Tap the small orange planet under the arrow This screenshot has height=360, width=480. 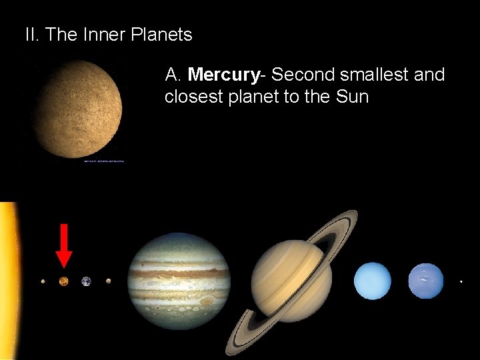[x=64, y=281]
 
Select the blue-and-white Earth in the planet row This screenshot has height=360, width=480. [x=86, y=281]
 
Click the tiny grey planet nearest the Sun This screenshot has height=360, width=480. [x=43, y=281]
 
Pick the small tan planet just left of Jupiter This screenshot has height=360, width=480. [x=108, y=281]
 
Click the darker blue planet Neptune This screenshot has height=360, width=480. [x=425, y=281]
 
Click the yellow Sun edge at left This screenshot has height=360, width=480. [x=7, y=280]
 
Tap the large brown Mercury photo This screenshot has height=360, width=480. [x=79, y=108]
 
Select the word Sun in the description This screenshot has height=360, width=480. [x=352, y=97]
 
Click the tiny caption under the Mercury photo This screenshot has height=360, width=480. [x=104, y=161]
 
